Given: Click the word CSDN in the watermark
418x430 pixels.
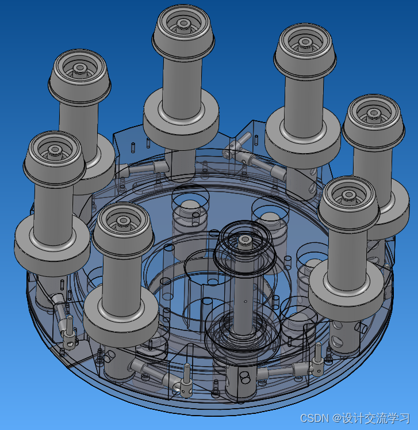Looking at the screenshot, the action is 314,418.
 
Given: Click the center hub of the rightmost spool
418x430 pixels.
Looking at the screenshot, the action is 373,113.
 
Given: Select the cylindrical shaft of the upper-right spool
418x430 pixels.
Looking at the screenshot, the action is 304,104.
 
